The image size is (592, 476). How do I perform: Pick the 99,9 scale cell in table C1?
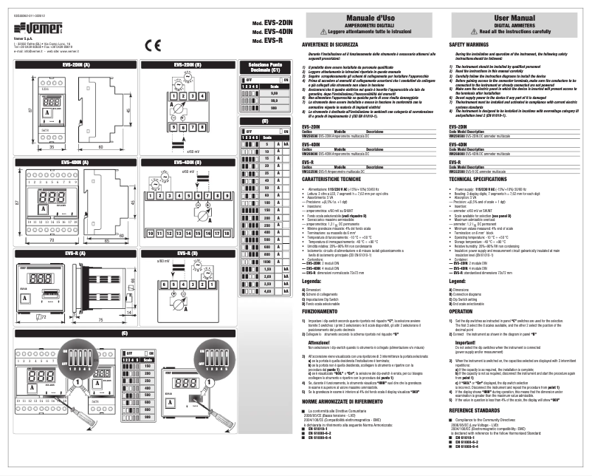(x=274, y=100)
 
